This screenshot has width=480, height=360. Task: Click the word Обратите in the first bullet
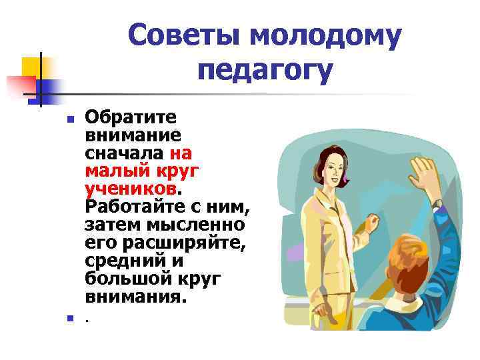131,118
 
